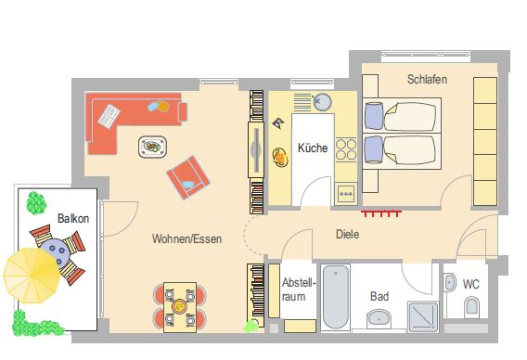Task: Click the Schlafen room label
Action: (427, 79)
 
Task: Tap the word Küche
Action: (313, 148)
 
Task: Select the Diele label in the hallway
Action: (348, 235)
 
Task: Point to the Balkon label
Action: (73, 218)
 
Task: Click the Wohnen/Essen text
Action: (186, 239)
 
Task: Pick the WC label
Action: (471, 284)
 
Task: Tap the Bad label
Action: (379, 297)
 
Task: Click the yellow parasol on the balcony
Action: (32, 276)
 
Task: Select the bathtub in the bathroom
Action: (336, 298)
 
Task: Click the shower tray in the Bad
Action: (423, 316)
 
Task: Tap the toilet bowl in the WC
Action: (471, 306)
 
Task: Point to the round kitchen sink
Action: (322, 102)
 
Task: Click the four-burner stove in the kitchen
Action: (346, 149)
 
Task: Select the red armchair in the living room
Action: (188, 177)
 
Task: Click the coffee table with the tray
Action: (152, 147)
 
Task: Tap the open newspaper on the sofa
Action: (109, 116)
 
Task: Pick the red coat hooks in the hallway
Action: (381, 213)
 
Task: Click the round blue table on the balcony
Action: (56, 252)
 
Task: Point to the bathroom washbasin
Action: (379, 318)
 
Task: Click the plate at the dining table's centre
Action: (179, 306)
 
